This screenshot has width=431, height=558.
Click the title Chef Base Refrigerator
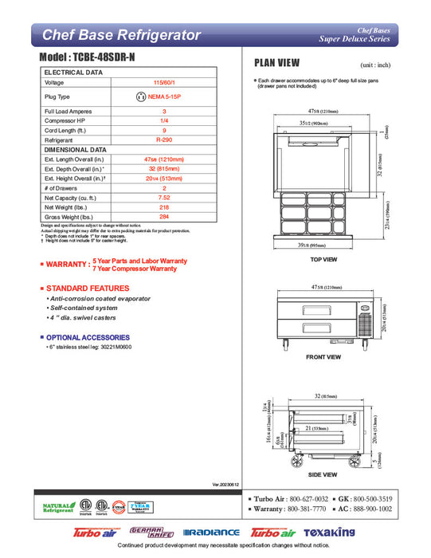point(120,35)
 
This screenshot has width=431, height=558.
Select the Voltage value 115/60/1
point(163,82)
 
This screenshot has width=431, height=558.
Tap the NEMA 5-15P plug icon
point(142,96)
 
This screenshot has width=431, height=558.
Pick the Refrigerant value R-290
point(163,139)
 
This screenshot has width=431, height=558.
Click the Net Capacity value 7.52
point(163,197)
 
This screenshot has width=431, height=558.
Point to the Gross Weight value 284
point(163,216)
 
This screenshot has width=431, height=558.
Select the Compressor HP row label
point(67,120)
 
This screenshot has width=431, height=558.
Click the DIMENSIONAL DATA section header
point(75,149)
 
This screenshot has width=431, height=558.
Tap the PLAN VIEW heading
point(276,62)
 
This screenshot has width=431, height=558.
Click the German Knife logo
point(148,531)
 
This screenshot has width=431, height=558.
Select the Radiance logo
point(210,532)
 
